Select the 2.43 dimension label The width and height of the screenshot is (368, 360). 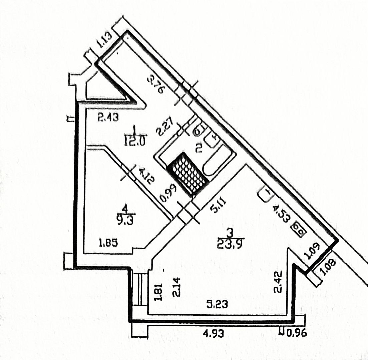(x=108, y=118)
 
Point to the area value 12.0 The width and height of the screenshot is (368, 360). (x=134, y=142)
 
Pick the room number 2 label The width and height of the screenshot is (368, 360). (x=199, y=148)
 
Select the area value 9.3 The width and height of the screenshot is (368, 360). (x=125, y=221)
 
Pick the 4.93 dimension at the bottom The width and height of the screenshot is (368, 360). (x=214, y=332)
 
